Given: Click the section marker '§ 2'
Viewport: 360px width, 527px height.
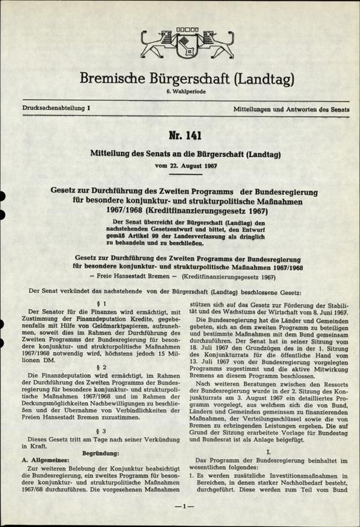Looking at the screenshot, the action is [x=91, y=366].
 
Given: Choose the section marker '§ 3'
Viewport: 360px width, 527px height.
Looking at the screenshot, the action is [x=91, y=431].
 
